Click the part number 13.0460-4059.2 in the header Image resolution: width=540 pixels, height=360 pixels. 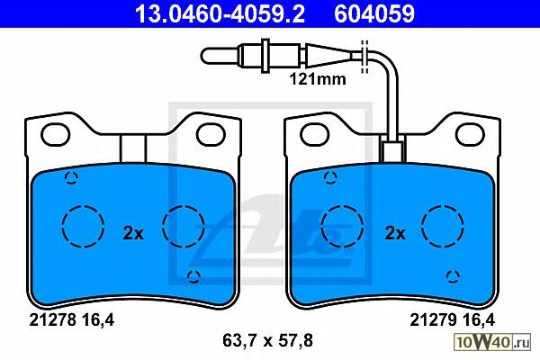point(220,14)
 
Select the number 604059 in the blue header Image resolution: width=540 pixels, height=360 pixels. point(374,14)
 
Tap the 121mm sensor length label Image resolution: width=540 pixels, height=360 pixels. point(318,79)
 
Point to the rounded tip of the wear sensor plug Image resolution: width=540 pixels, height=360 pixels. point(204,56)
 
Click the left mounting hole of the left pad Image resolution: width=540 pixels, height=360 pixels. point(55,135)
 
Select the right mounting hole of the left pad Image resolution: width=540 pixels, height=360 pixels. point(211,135)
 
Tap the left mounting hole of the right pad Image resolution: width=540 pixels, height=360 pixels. point(314,135)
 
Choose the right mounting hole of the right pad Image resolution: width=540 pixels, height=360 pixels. point(470,135)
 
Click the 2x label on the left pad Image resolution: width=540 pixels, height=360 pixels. point(133,234)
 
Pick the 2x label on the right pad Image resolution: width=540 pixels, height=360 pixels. point(395,234)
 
